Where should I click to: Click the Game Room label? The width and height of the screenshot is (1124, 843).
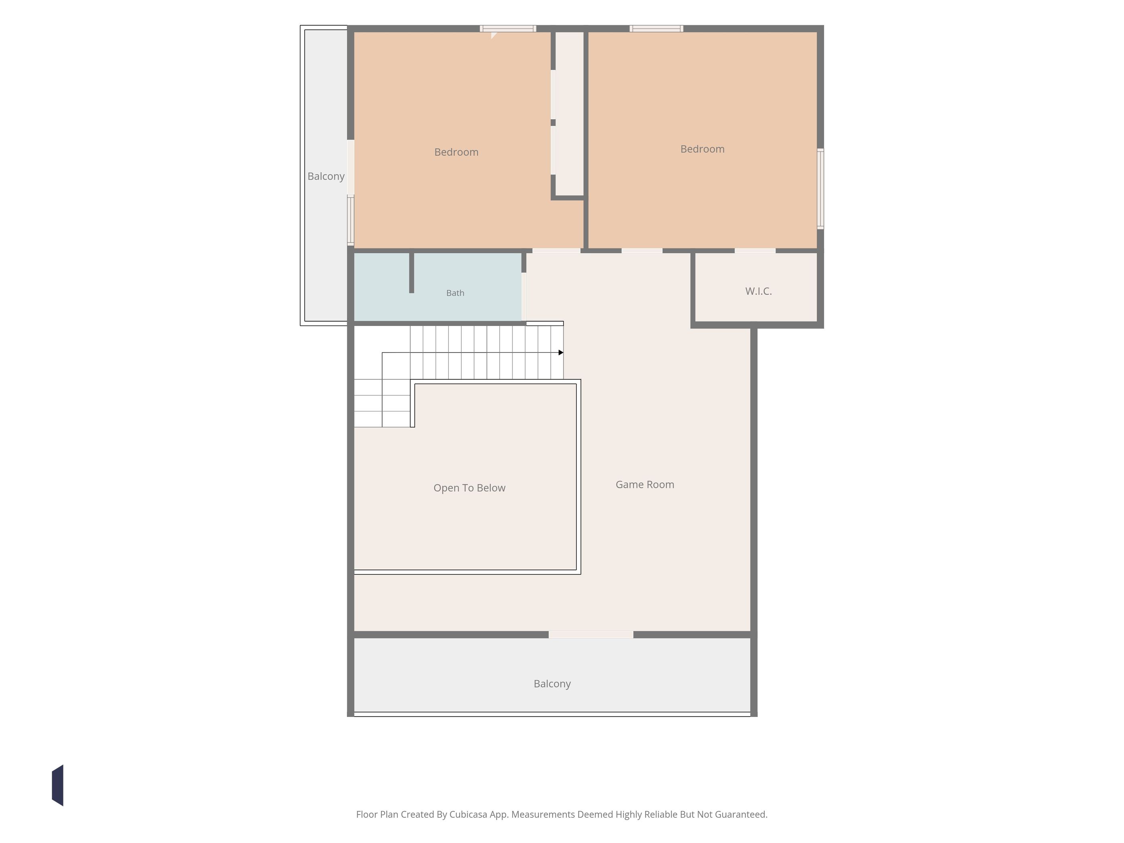(x=645, y=485)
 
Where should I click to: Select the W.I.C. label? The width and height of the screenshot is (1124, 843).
(x=758, y=291)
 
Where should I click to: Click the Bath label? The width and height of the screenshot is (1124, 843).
(x=455, y=293)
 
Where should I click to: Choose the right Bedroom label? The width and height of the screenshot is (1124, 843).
(x=702, y=149)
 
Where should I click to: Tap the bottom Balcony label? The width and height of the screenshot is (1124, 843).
(x=552, y=684)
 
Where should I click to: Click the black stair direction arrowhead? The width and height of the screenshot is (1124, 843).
(x=561, y=352)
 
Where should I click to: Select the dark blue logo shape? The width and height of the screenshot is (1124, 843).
(x=58, y=785)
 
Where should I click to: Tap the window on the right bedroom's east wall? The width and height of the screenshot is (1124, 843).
(x=820, y=189)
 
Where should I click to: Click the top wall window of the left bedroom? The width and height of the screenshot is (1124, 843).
(x=508, y=29)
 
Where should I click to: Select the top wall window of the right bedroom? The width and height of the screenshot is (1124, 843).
(x=656, y=29)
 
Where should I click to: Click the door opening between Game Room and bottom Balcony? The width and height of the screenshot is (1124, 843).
(x=591, y=635)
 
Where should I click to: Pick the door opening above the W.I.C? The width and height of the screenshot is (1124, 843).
(x=755, y=250)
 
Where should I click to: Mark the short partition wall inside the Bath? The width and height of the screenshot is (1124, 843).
(x=411, y=273)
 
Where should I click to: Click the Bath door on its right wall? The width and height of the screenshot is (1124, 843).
(x=524, y=297)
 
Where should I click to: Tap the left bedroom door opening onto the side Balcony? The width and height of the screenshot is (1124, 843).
(x=350, y=167)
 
